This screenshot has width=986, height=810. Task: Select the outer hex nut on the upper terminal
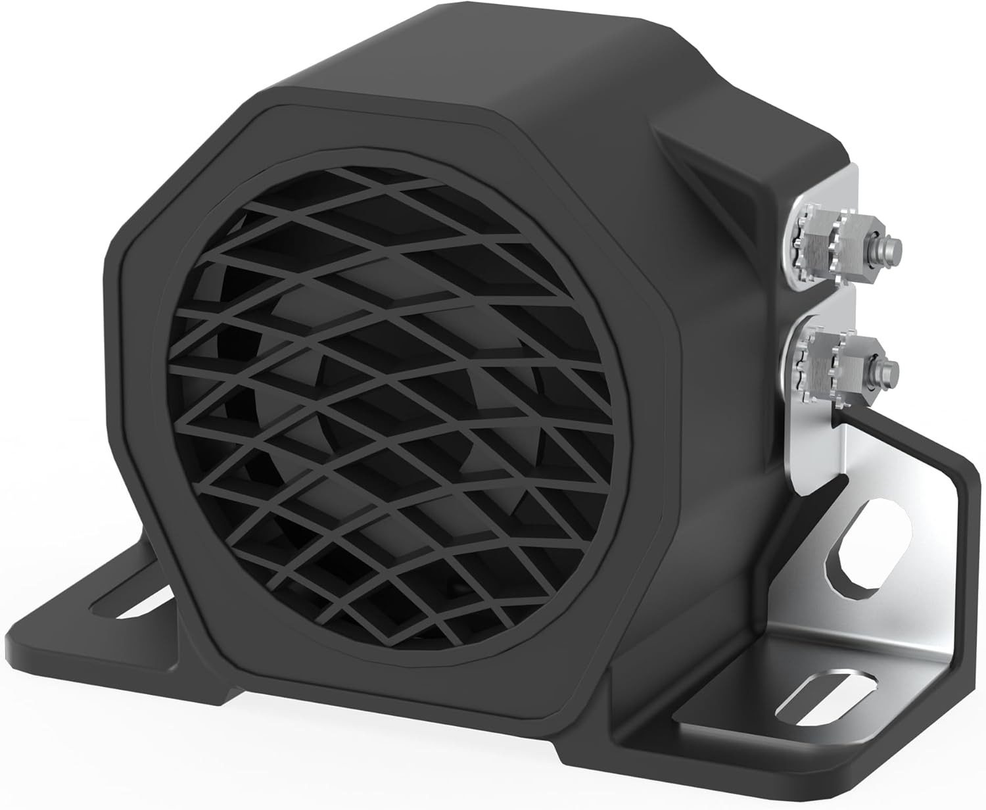click(853, 249)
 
